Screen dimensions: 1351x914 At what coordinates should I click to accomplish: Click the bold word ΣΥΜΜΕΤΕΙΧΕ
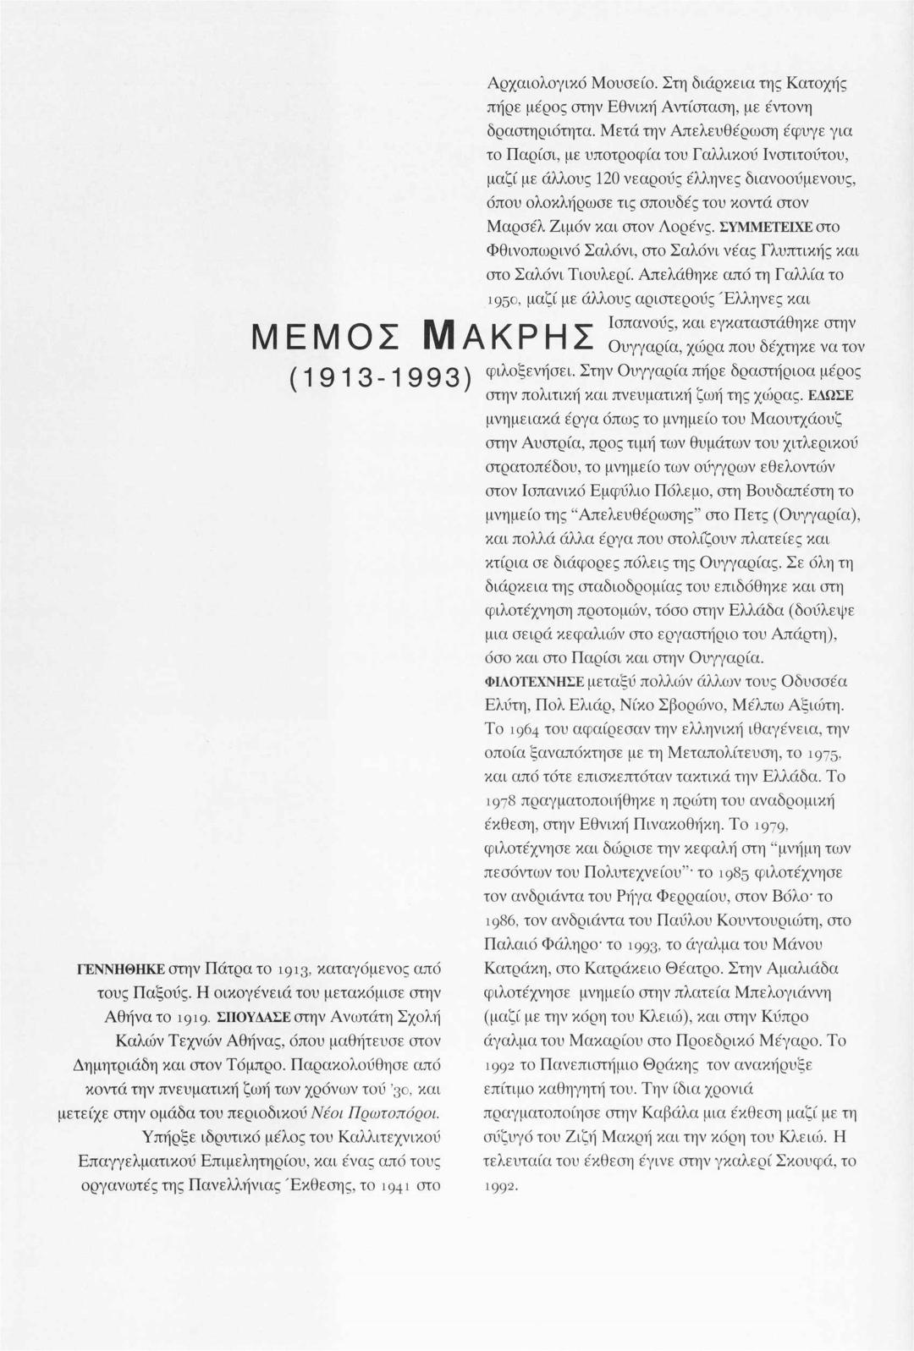[x=766, y=228]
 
